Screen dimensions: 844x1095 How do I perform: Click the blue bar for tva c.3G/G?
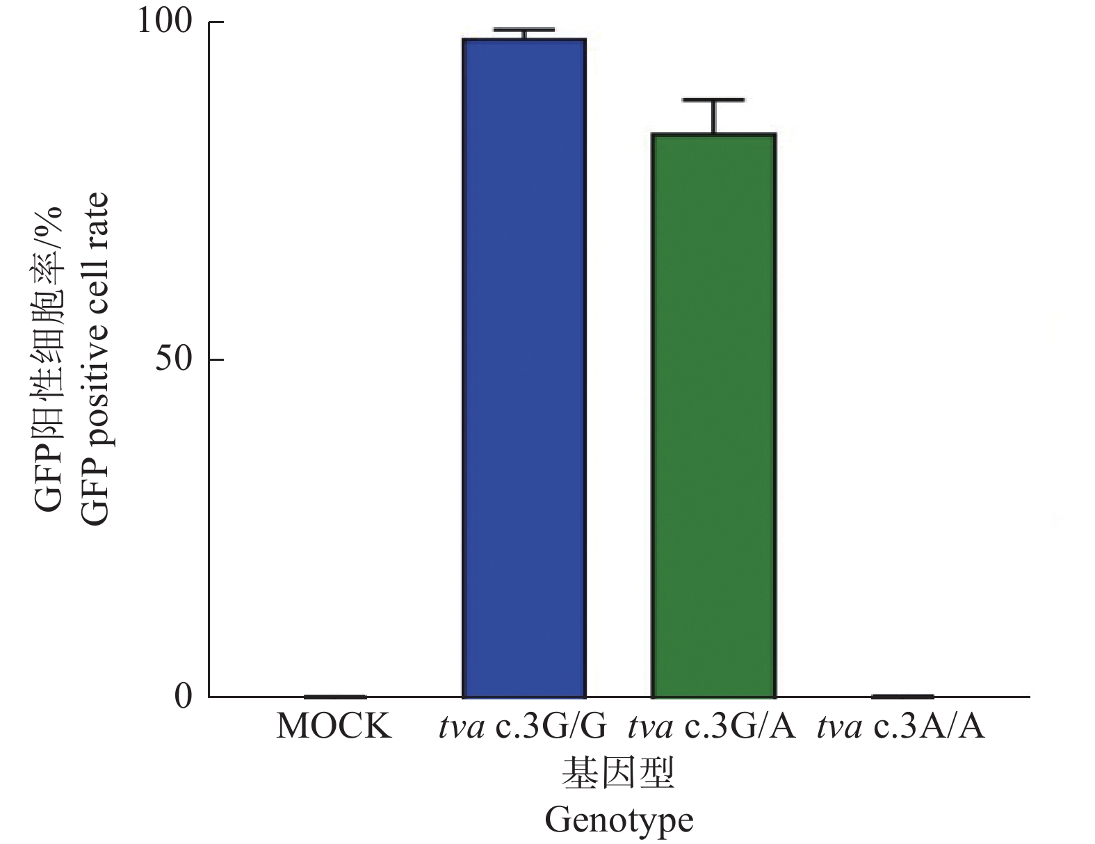tap(524, 368)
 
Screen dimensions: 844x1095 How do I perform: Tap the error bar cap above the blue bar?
tap(524, 29)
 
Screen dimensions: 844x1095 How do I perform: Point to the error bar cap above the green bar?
tap(713, 100)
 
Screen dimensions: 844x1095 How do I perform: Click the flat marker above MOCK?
tap(334, 696)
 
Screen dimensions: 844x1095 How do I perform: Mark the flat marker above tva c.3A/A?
tap(902, 695)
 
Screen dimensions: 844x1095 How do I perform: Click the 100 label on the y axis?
tap(164, 22)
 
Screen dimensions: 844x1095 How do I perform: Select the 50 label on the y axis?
tap(173, 359)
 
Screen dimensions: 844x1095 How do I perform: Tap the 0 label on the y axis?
tap(183, 696)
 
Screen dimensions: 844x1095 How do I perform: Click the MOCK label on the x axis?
tap(334, 727)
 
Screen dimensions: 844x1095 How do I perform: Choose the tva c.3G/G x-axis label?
tap(523, 727)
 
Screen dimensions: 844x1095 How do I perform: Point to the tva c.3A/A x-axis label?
tap(901, 727)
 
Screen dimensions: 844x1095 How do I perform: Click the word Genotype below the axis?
tap(619, 820)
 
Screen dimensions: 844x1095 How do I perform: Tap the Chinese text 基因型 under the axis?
tap(618, 773)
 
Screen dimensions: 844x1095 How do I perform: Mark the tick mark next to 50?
tap(216, 359)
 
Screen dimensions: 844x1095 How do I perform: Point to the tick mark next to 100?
tap(216, 22)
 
